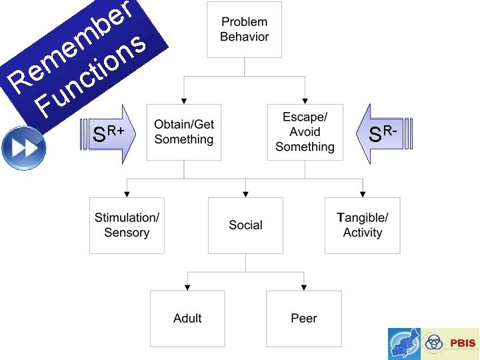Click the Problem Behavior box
(245, 29)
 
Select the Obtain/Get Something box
(184, 132)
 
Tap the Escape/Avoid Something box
(305, 132)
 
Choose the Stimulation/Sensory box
(127, 225)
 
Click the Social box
(245, 225)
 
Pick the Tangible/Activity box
(363, 225)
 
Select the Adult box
(187, 318)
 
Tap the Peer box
(304, 318)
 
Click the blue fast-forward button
(23, 147)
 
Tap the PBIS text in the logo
(462, 343)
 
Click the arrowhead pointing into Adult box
(187, 287)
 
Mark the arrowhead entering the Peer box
(304, 287)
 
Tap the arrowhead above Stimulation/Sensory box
(127, 194)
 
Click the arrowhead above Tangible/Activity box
(363, 194)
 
